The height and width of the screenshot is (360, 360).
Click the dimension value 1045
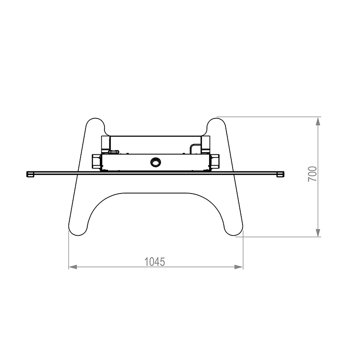[154, 262]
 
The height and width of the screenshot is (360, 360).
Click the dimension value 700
[312, 174]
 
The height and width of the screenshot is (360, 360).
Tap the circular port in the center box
[155, 162]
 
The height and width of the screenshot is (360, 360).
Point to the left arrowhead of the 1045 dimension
[73, 267]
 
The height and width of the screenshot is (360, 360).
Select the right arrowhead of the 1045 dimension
[239, 267]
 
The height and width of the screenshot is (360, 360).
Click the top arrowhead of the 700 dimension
[318, 121]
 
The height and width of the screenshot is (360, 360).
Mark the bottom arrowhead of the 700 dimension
[318, 232]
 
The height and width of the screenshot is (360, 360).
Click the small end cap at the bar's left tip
[30, 174]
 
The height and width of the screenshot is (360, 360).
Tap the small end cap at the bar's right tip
[280, 174]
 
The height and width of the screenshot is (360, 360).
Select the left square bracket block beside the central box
[96, 162]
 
